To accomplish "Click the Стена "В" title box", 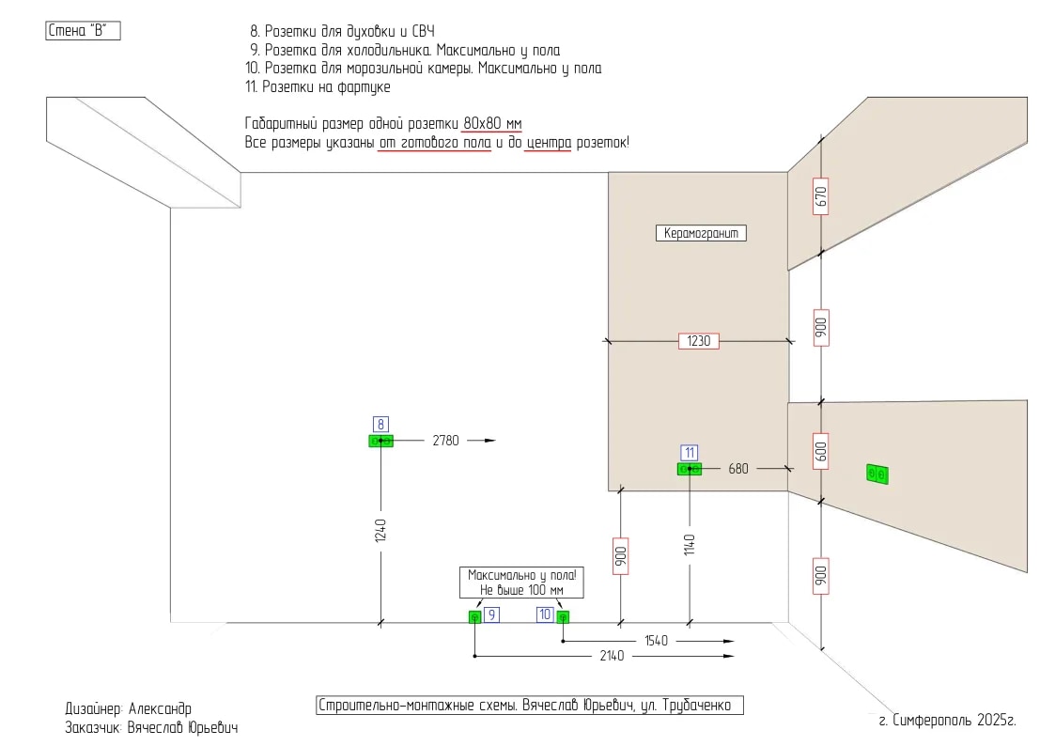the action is click(83, 31).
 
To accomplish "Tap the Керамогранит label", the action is click(701, 233).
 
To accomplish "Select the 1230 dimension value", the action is click(698, 341).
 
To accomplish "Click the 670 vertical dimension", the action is click(820, 196).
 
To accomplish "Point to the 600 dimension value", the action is click(820, 451).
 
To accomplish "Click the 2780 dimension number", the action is click(445, 441).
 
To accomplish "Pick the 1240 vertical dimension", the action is click(380, 530).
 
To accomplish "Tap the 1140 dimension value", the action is click(689, 545).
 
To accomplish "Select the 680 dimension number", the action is click(738, 469).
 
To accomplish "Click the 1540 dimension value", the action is click(656, 641).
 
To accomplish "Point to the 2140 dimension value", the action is click(612, 656).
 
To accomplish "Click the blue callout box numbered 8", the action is click(380, 425).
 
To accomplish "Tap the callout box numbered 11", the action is click(689, 453).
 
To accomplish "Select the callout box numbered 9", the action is click(492, 614).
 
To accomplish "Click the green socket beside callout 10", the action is click(563, 617).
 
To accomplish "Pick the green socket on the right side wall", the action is click(877, 474).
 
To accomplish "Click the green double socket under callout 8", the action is click(380, 442).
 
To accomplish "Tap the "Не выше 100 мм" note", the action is click(521, 591).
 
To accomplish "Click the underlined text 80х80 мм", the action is click(492, 124).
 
